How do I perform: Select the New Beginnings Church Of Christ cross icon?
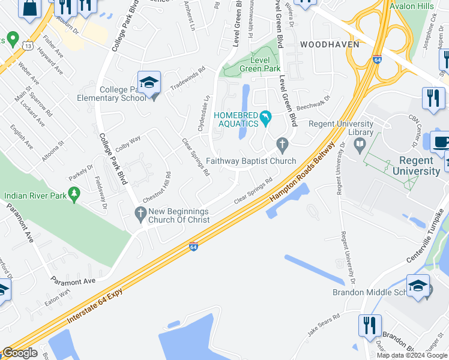140,212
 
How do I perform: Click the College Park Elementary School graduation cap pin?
149,82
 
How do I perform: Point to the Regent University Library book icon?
360,145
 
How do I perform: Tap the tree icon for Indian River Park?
74,194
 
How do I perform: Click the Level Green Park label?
259,65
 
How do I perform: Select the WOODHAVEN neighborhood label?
330,44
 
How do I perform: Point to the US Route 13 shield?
28,44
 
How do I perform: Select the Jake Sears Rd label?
324,323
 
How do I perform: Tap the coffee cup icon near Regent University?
441,142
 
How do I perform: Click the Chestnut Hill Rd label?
156,187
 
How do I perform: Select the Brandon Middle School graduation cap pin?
418,286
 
